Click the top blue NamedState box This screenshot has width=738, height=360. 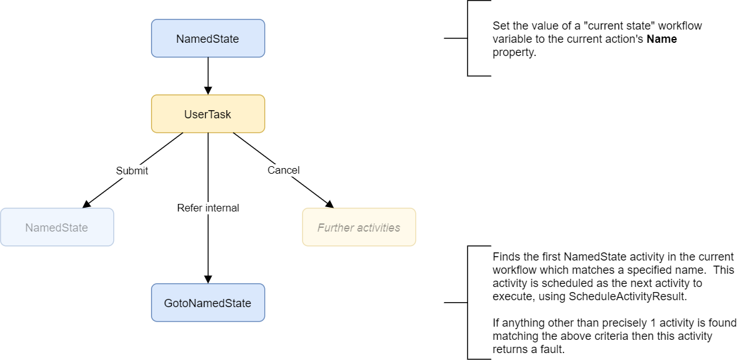208,38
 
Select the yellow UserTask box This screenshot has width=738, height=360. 208,114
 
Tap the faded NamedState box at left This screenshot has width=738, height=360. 57,227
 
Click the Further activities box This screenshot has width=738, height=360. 359,227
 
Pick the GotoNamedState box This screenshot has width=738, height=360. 208,303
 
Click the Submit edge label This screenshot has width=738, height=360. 132,171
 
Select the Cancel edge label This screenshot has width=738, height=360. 283,170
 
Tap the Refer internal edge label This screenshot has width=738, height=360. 208,208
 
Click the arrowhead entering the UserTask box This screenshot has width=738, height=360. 208,91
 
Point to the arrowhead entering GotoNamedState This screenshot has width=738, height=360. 208,279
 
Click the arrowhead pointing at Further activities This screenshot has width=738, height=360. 329,203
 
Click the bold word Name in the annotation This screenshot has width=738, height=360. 663,39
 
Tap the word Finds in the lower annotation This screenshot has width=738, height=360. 505,257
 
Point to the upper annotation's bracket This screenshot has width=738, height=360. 467,38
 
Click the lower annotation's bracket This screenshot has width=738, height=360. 467,303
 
